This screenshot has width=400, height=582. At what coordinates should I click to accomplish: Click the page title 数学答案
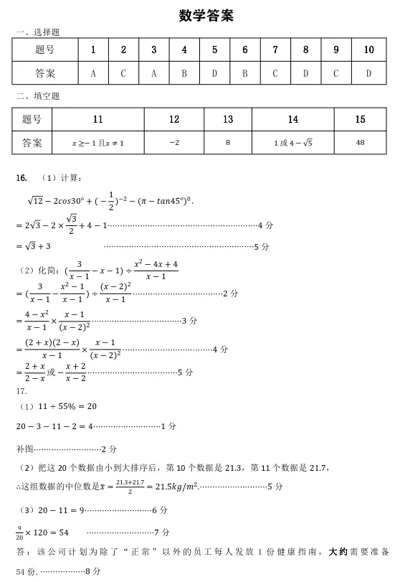tap(206, 15)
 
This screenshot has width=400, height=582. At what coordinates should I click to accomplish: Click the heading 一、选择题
tap(37, 32)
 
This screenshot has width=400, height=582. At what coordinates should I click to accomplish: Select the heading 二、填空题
tap(37, 96)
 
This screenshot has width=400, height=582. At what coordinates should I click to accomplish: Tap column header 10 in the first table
tap(368, 50)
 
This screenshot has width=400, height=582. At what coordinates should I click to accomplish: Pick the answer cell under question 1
tap(93, 73)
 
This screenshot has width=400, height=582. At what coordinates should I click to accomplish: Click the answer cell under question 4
tap(184, 73)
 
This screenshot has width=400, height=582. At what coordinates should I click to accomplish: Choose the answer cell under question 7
tap(275, 73)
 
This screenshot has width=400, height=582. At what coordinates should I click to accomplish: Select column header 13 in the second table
tap(228, 120)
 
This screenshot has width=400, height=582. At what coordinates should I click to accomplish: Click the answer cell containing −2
tap(174, 143)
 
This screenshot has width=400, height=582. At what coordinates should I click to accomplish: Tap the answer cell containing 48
tap(360, 143)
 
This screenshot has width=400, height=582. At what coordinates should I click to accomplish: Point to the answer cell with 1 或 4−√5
tap(292, 143)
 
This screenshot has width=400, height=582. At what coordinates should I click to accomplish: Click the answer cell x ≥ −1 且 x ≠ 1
tap(98, 143)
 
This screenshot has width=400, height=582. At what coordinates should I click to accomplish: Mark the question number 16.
tap(21, 177)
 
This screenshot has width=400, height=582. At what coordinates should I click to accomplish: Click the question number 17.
tap(21, 391)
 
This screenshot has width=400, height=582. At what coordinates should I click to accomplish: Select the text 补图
tap(25, 449)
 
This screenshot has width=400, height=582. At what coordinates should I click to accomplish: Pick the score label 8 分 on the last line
tap(92, 572)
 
